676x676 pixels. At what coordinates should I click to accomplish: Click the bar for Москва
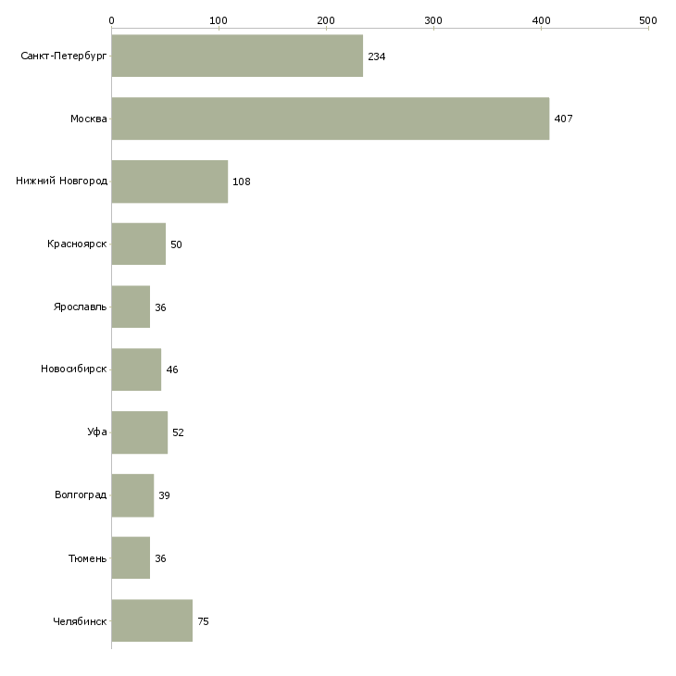coord(330,119)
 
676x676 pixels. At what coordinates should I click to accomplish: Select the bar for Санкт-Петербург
coord(237,56)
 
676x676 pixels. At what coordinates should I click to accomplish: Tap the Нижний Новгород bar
coord(169,182)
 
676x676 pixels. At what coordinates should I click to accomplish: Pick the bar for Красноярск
coord(138,244)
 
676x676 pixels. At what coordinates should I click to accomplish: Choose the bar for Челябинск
coord(152,620)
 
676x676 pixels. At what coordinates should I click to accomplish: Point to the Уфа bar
coord(139,432)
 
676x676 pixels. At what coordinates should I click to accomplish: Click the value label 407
coord(563,119)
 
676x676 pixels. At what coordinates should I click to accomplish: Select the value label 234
coord(376,56)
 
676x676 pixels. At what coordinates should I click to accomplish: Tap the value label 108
coord(241,182)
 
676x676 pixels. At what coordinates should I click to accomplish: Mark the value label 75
coord(203,621)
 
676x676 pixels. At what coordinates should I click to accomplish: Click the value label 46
coord(171,370)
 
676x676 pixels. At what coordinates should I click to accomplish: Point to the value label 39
coord(164,495)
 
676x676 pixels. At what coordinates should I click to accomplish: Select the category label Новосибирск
coord(73,369)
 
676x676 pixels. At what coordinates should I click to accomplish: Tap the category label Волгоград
coord(81,494)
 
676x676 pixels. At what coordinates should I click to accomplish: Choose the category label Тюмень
coord(87,557)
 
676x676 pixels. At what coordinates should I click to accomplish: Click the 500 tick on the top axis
coord(647,19)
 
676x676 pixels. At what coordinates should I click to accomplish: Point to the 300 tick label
coord(432,19)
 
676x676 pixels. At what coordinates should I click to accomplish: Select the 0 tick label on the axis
coord(111,19)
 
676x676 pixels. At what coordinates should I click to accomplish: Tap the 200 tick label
coord(325,19)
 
